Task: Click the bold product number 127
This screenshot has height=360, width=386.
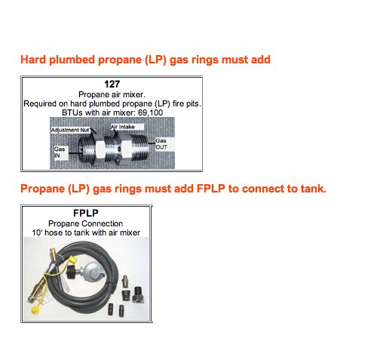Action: pyautogui.click(x=112, y=84)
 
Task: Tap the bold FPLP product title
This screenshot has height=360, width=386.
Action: pyautogui.click(x=86, y=213)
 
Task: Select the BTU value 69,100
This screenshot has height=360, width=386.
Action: pyautogui.click(x=150, y=112)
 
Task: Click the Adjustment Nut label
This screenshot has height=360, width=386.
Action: pyautogui.click(x=70, y=130)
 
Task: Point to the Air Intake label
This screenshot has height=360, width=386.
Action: pyautogui.click(x=123, y=127)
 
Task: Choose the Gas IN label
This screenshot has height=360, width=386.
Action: pyautogui.click(x=60, y=152)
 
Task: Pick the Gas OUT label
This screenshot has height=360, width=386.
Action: pyautogui.click(x=161, y=144)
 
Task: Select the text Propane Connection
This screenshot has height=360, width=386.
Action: pyautogui.click(x=86, y=223)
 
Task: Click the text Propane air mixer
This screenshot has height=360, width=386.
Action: pyautogui.click(x=112, y=94)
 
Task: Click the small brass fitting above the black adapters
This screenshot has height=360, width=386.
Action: pyautogui.click(x=125, y=281)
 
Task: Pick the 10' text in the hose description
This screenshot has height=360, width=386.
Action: pyautogui.click(x=37, y=232)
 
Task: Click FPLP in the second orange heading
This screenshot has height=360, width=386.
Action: pyautogui.click(x=211, y=189)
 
